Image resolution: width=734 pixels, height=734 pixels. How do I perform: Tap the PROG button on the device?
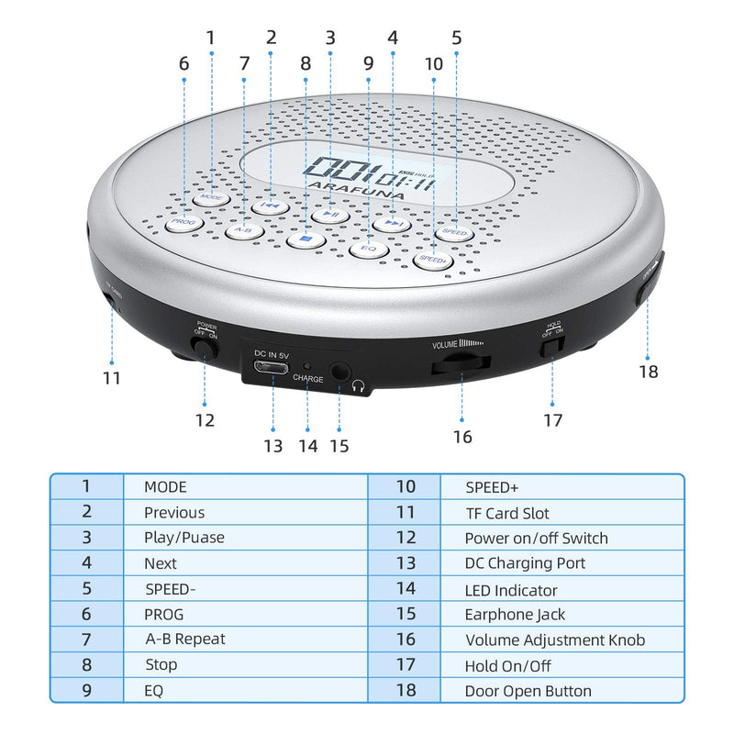tap(183, 222)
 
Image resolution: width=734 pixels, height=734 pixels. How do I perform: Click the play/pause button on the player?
tap(329, 215)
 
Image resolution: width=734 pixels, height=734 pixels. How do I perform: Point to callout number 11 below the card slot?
tap(112, 377)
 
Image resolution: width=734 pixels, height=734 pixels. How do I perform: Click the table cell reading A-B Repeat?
tap(184, 639)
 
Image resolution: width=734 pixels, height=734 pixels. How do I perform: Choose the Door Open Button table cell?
tap(528, 691)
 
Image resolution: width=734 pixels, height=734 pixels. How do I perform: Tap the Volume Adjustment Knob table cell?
tap(554, 639)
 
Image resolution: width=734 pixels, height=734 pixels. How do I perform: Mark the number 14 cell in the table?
tap(405, 589)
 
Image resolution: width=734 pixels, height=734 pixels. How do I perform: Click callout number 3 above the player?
tap(330, 39)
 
